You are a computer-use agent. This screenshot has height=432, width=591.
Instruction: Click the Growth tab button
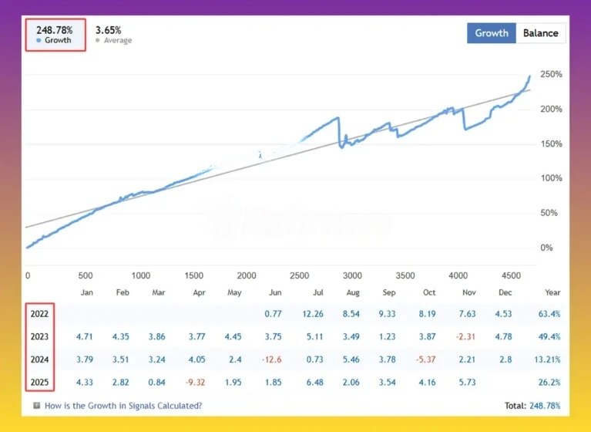[492, 33]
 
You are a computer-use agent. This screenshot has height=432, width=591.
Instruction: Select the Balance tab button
[541, 33]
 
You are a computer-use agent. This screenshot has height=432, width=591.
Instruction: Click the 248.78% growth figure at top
[55, 30]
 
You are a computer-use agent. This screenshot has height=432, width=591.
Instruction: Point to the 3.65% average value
[107, 30]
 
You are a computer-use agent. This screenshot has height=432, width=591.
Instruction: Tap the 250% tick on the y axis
[551, 74]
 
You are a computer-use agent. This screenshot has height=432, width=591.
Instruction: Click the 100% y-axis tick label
[551, 178]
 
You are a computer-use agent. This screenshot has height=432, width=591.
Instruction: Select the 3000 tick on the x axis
[352, 275]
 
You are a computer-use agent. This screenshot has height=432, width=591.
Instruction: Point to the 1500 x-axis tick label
[193, 275]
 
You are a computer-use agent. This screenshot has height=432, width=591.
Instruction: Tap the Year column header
[552, 293]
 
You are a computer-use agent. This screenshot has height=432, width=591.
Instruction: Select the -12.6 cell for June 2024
[271, 359]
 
